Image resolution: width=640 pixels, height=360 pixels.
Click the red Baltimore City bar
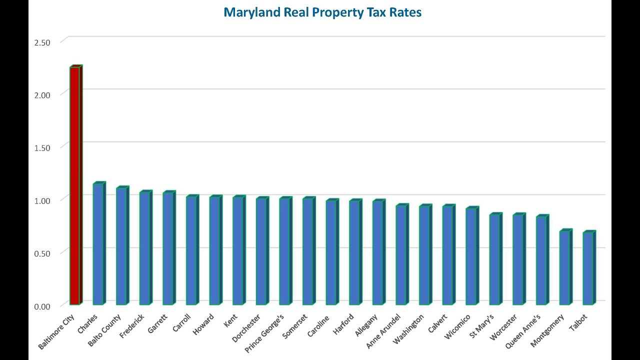tap(74, 185)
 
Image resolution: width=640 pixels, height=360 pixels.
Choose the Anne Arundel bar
tap(401, 255)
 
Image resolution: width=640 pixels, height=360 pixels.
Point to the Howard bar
tap(214, 250)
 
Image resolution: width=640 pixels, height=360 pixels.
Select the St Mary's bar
tap(494, 259)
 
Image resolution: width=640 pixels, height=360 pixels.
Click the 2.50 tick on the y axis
tap(42, 42)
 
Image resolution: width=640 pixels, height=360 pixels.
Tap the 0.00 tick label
tap(42, 306)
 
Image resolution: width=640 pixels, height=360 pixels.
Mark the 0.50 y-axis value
tap(42, 253)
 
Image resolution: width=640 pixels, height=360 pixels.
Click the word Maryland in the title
tap(251, 12)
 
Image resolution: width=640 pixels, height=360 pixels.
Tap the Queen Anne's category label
tap(523, 332)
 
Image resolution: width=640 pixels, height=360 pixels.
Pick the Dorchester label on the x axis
tap(246, 328)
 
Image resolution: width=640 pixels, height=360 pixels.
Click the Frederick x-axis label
tap(132, 326)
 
